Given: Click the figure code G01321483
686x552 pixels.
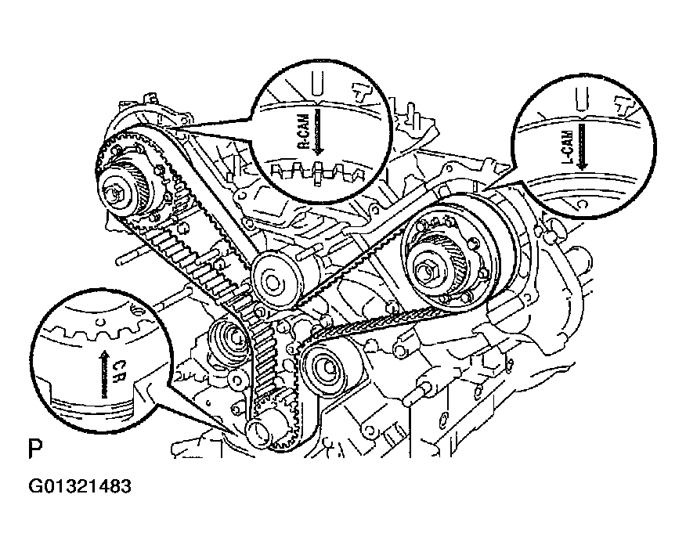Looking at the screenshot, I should [81, 486].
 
